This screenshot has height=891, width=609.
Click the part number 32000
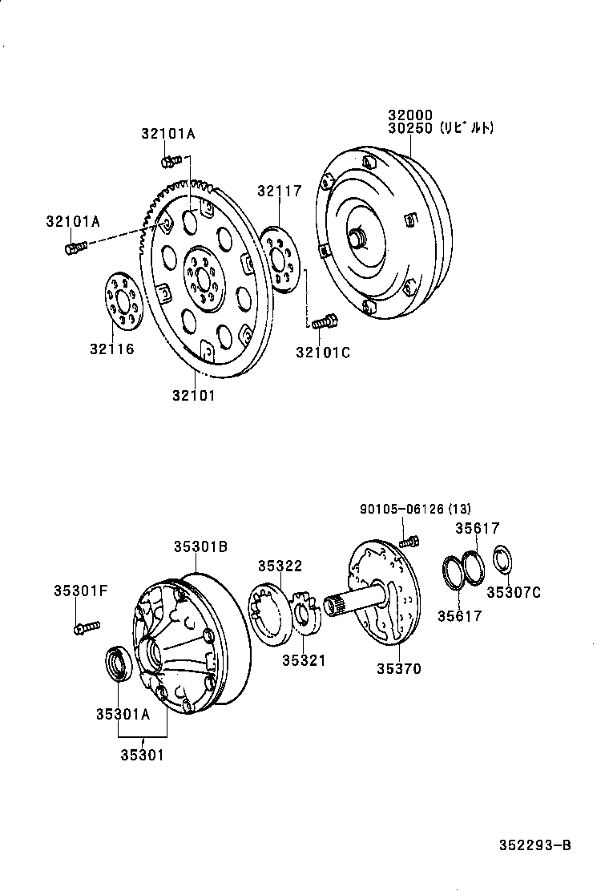tap(410, 115)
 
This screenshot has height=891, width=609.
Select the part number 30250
tap(410, 128)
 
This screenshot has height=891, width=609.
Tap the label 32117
tap(280, 191)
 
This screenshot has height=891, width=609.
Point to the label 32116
tap(112, 349)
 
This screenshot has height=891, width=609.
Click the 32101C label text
tap(323, 352)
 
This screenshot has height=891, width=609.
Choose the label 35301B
tap(200, 546)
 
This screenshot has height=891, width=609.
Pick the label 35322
tap(280, 566)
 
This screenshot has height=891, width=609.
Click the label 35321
tap(304, 659)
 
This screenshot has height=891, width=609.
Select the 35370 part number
tap(398, 668)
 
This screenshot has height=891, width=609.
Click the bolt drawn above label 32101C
tap(325, 322)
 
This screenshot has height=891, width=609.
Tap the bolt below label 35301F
tap(85, 627)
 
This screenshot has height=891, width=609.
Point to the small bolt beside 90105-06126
tap(409, 541)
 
